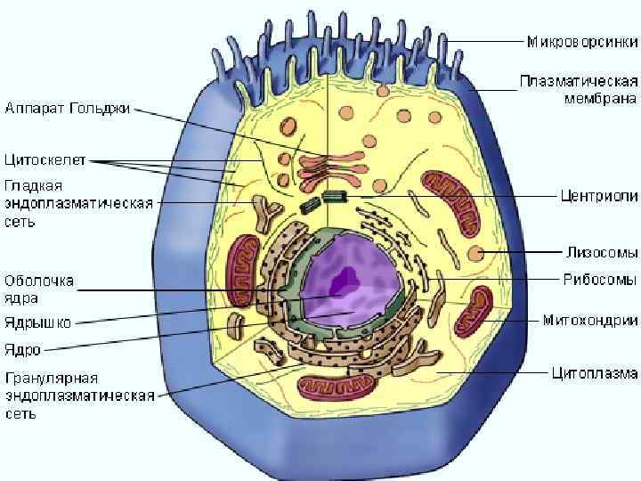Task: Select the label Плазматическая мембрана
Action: coord(579,89)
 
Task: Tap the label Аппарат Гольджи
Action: coord(68,109)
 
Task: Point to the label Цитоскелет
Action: coord(45,161)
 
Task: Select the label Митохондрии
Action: coord(589,320)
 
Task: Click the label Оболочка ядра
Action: coord(39,289)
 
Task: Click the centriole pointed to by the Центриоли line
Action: coord(336,196)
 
